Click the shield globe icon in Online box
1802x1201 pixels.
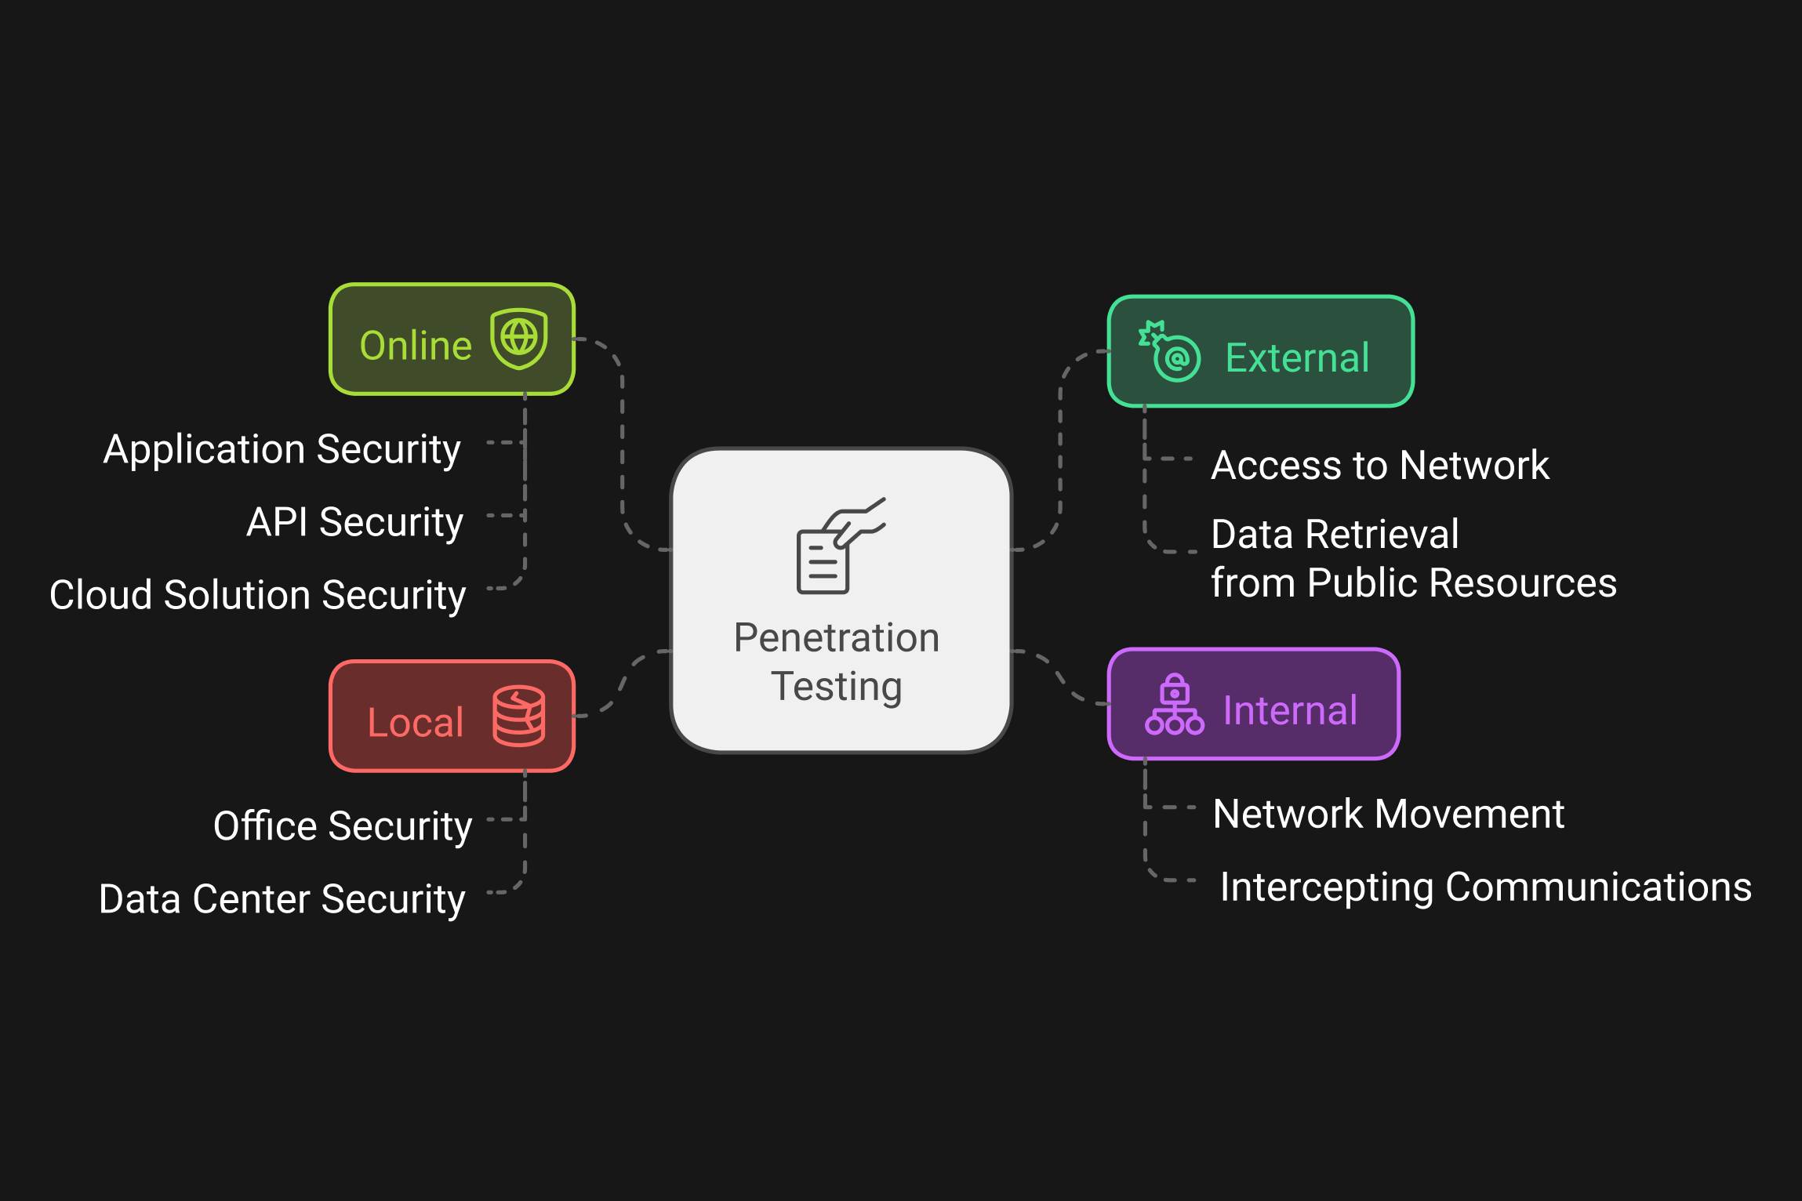[x=518, y=339]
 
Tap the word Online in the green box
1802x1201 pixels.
[x=416, y=346]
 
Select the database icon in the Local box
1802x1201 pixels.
[x=518, y=716]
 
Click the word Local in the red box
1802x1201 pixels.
[x=416, y=722]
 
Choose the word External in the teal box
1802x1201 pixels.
[x=1297, y=358]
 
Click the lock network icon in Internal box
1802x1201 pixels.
[x=1174, y=705]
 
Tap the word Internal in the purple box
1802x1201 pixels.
[x=1290, y=711]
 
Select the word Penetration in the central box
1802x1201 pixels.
[x=837, y=637]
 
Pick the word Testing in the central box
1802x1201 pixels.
[x=837, y=686]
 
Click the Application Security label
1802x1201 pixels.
[x=282, y=450]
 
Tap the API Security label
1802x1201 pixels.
[x=355, y=522]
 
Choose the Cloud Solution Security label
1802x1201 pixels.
[x=257, y=595]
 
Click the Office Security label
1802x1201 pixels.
[x=343, y=826]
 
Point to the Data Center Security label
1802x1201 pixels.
[x=282, y=899]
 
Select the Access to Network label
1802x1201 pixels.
[x=1380, y=466]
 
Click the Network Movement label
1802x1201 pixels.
[x=1388, y=814]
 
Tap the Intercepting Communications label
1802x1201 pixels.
[x=1485, y=887]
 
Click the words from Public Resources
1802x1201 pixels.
[x=1413, y=583]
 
